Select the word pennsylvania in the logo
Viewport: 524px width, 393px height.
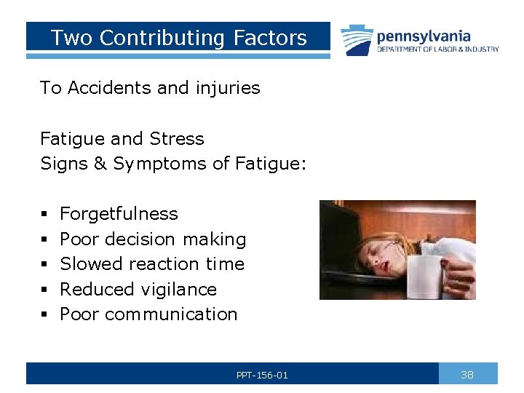[424, 36]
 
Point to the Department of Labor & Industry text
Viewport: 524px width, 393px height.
[437, 49]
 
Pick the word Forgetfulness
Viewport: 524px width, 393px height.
[119, 214]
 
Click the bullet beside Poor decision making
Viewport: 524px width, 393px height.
[44, 239]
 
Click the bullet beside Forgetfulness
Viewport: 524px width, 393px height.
[44, 214]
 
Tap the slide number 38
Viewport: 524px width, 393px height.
[467, 374]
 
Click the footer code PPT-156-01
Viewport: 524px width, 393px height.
[262, 375]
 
